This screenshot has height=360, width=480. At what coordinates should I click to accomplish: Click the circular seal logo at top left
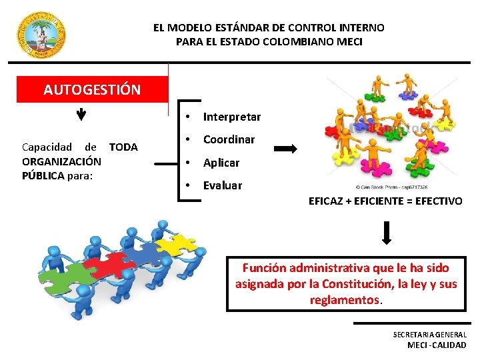coord(41,35)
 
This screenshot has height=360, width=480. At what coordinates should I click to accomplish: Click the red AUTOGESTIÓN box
coord(92,89)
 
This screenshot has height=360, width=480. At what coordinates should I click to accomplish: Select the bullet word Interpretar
coord(231,117)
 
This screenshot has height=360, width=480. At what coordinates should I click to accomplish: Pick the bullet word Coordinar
coord(229,140)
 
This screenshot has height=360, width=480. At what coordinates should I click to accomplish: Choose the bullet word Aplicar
coord(221,163)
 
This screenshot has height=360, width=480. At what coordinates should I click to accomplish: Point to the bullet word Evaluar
coord(222,185)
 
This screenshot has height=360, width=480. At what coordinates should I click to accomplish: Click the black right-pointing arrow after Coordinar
coord(285,150)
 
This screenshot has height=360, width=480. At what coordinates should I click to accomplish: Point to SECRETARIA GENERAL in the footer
coord(429,335)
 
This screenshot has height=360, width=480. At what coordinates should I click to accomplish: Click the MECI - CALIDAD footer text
coord(437,345)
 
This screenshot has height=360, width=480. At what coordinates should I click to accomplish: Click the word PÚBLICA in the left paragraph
coord(43,176)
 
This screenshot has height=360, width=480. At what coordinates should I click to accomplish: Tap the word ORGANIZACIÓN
coord(61,161)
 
